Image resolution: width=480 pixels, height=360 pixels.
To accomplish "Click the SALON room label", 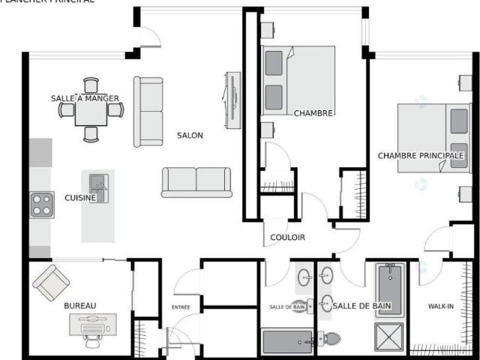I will (190, 136).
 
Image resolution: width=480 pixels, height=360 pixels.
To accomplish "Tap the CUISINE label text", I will (79, 198).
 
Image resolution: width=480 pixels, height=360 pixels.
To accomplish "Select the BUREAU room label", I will (79, 306).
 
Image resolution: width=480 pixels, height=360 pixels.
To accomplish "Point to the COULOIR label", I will (288, 238).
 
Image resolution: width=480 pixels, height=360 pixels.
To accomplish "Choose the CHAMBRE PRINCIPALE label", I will (421, 156).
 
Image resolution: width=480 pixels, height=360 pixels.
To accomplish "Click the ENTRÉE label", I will (181, 307).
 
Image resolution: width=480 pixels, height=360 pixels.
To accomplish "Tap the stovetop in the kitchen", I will (42, 205).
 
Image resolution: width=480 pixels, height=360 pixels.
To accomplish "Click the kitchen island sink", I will (98, 183).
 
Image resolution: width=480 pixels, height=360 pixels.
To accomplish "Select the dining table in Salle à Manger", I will (91, 110).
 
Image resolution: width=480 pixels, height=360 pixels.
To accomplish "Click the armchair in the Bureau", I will (51, 282).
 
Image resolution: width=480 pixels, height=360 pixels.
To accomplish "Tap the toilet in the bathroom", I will (330, 339).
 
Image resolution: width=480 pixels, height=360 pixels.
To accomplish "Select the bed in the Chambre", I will (298, 80).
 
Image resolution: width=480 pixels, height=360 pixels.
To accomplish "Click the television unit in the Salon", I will (233, 98).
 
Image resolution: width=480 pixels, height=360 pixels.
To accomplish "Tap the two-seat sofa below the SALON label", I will (196, 181).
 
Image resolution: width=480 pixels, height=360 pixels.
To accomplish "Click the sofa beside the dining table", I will (148, 111).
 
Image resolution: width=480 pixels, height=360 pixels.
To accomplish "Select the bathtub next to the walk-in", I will (389, 290).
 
